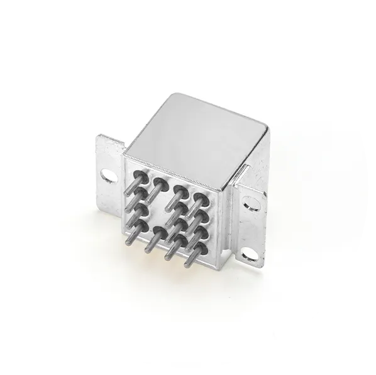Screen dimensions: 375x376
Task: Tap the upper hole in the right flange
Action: pyautogui.click(x=250, y=203)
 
